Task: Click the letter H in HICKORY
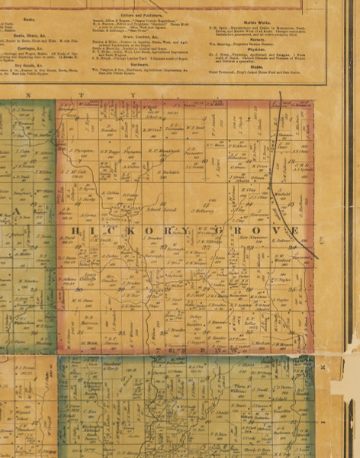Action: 74,230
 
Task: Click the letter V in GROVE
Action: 271,230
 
